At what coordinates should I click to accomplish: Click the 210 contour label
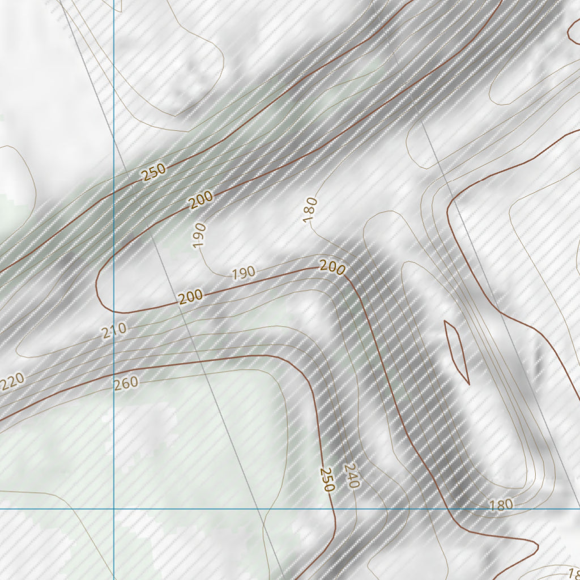114,330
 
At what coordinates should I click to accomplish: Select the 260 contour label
126,383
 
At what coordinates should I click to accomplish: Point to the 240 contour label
352,476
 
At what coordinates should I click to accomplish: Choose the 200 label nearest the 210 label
191,296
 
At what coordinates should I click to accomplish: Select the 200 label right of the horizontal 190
332,267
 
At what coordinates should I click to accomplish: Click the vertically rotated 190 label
199,235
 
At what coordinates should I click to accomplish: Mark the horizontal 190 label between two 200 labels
244,273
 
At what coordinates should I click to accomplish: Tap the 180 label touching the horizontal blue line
501,504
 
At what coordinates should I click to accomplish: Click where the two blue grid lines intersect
114,509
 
